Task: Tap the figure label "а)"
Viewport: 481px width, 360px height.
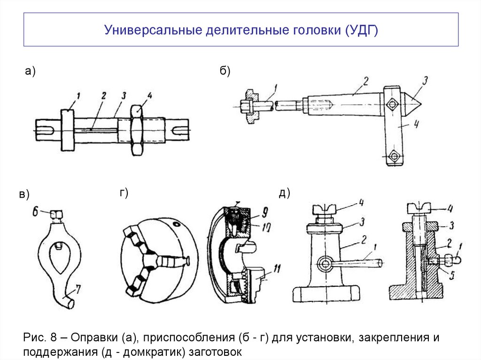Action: (x=31, y=71)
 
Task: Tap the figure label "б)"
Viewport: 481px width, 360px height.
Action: (x=224, y=71)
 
